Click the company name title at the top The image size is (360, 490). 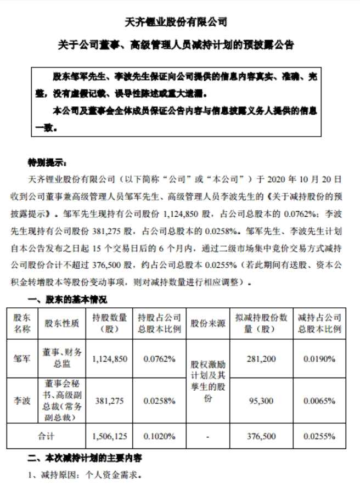[x=180, y=22]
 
